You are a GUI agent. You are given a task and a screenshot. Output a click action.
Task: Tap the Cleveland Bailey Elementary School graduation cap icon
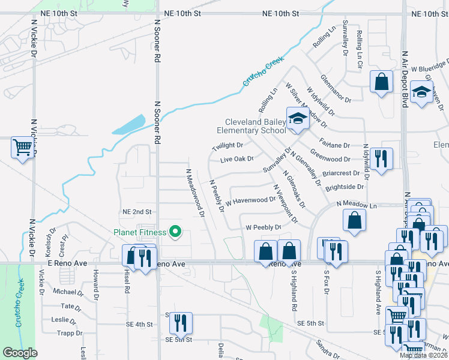pos(297,119)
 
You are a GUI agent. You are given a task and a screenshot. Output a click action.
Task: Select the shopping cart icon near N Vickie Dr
pos(23,147)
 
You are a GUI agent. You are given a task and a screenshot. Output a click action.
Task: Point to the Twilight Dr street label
pos(228,146)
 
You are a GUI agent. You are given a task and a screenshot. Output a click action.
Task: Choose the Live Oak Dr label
pos(237,160)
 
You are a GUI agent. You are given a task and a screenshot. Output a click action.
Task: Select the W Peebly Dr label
pos(264,227)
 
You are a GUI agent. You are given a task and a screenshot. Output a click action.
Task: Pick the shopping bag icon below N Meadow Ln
pos(355,220)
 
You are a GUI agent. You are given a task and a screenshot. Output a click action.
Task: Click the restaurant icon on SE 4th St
pos(180,323)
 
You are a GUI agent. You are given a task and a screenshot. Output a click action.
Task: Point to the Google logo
pos(20,353)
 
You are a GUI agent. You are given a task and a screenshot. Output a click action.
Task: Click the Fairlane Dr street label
pos(334,145)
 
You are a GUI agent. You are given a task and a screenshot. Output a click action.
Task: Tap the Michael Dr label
pos(68,292)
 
